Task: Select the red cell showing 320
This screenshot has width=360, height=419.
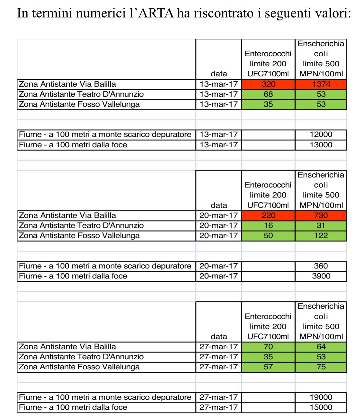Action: click(268, 84)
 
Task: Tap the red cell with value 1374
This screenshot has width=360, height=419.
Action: click(321, 84)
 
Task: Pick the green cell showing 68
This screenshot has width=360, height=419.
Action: click(268, 94)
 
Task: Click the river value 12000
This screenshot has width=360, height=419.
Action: click(321, 135)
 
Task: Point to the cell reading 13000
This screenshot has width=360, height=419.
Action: click(321, 145)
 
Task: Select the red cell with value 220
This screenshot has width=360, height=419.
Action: click(268, 215)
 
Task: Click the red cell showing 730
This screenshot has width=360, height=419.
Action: click(321, 215)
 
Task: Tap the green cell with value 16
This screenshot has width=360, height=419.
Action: click(268, 225)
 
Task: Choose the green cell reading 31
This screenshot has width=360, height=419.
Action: click(321, 225)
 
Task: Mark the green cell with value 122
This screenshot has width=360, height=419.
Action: click(321, 236)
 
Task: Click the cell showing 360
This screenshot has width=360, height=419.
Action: click(321, 266)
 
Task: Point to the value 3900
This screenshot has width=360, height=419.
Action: click(321, 276)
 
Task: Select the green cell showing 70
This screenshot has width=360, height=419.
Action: click(268, 347)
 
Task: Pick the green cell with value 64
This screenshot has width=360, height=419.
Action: click(321, 347)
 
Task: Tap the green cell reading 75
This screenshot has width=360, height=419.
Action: click(321, 367)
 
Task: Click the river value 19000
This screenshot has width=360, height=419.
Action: click(321, 397)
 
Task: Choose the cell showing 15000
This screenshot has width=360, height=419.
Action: click(321, 407)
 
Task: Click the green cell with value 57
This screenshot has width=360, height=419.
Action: click(268, 367)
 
